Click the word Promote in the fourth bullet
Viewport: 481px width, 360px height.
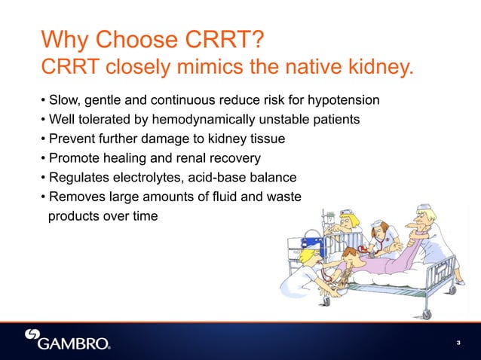click(x=72, y=158)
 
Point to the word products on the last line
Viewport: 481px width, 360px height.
click(x=72, y=217)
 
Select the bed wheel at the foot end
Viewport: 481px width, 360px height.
click(x=427, y=313)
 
